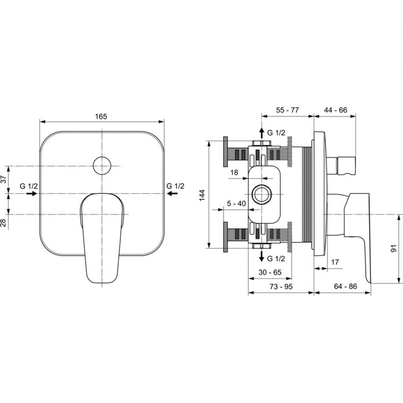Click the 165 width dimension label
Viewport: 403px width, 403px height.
tap(101, 116)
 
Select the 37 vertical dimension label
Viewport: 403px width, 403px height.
tap(3, 179)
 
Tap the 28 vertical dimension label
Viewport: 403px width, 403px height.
tap(3, 223)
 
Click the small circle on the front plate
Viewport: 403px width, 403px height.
tap(102, 166)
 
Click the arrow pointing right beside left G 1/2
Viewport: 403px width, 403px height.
tap(32, 193)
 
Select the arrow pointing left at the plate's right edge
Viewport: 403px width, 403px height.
tap(172, 193)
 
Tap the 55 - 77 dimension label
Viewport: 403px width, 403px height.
tap(288, 110)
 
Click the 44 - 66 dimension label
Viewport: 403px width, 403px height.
tap(335, 110)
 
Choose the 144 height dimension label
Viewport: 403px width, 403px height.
tap(202, 195)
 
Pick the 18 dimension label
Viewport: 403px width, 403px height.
tap(234, 172)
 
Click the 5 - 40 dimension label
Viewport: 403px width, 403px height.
tap(236, 204)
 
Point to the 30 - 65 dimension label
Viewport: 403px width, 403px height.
tap(270, 272)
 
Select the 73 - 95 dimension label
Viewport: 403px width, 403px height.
tap(281, 286)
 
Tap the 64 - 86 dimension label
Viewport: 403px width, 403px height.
tap(345, 286)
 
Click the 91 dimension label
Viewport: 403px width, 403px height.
tap(394, 248)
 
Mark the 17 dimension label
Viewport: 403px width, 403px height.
tap(334, 262)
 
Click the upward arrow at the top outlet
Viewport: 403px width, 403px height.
tap(262, 133)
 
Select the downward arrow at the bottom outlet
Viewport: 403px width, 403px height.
tap(262, 256)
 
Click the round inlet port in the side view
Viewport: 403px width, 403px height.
tap(261, 194)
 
